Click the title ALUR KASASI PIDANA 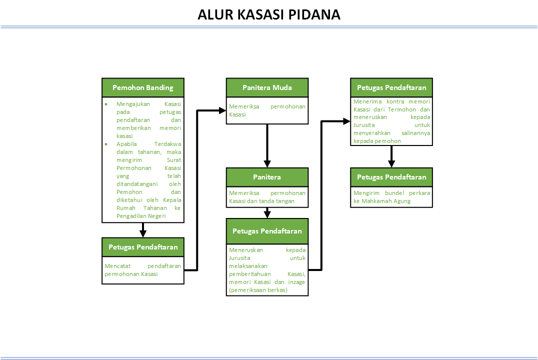pos(269,14)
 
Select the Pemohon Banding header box pos(143,87)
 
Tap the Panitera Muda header pos(267,87)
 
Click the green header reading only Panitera pos(267,177)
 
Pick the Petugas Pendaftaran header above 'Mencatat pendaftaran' pos(143,247)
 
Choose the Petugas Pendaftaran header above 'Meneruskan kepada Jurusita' pos(267,231)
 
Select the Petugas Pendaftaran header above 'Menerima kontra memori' pos(391,87)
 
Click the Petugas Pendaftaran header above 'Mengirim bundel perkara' pos(391,177)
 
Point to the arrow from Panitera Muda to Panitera pos(267,145)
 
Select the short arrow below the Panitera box pos(267,212)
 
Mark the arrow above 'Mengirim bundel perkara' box pos(391,156)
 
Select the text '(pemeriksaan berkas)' pos(258,290)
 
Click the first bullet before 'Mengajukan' pos(106,104)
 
